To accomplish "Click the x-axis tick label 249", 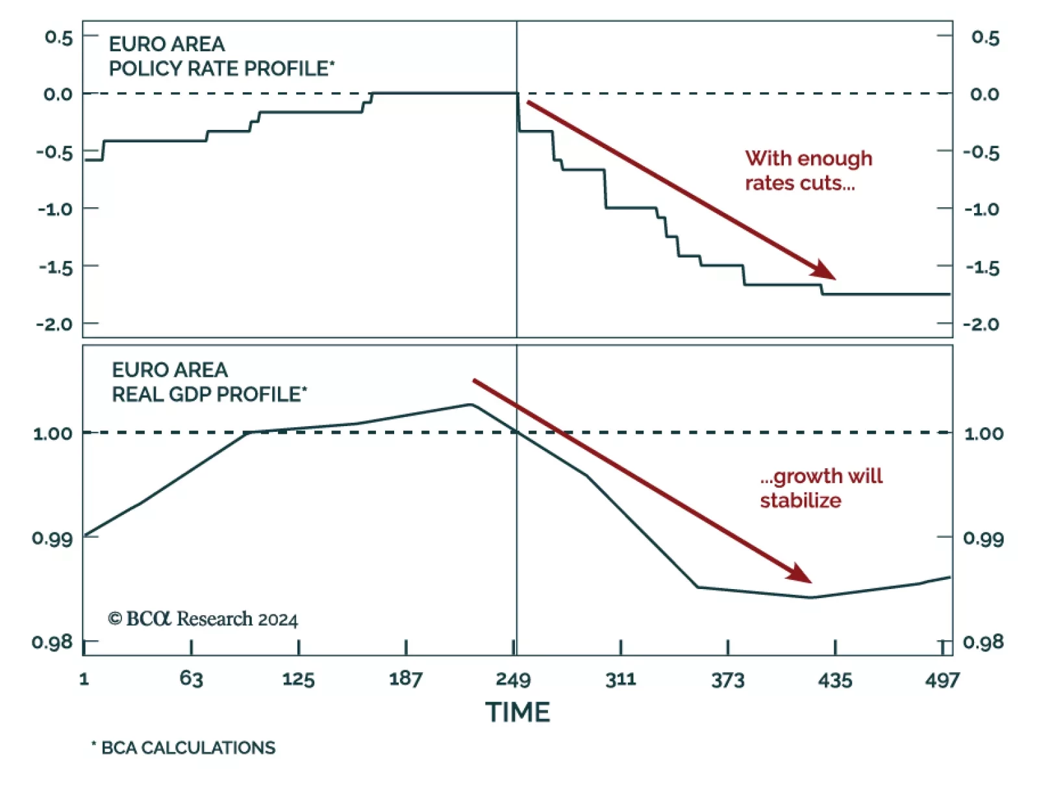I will pyautogui.click(x=513, y=680).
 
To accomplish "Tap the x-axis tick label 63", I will pyautogui.click(x=192, y=679).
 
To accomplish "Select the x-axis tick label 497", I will pyautogui.click(x=942, y=680).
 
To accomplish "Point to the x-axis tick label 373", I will pyautogui.click(x=727, y=680).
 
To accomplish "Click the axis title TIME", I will pyautogui.click(x=518, y=712).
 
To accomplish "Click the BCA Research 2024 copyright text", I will pyautogui.click(x=203, y=619).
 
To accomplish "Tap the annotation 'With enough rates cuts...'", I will pyautogui.click(x=808, y=171).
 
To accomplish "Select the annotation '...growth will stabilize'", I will pyautogui.click(x=821, y=488).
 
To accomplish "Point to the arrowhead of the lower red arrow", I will pyautogui.click(x=803, y=575).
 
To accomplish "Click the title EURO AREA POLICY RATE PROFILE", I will pyautogui.click(x=221, y=57).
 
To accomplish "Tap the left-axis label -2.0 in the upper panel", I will pyautogui.click(x=55, y=324).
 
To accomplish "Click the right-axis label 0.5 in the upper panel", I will pyautogui.click(x=985, y=38).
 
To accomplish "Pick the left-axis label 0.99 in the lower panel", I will pyautogui.click(x=52, y=538).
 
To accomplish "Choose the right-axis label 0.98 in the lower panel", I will pyautogui.click(x=983, y=642).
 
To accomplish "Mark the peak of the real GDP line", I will pyautogui.click(x=471, y=405).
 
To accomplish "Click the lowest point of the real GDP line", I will pyautogui.click(x=811, y=598).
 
